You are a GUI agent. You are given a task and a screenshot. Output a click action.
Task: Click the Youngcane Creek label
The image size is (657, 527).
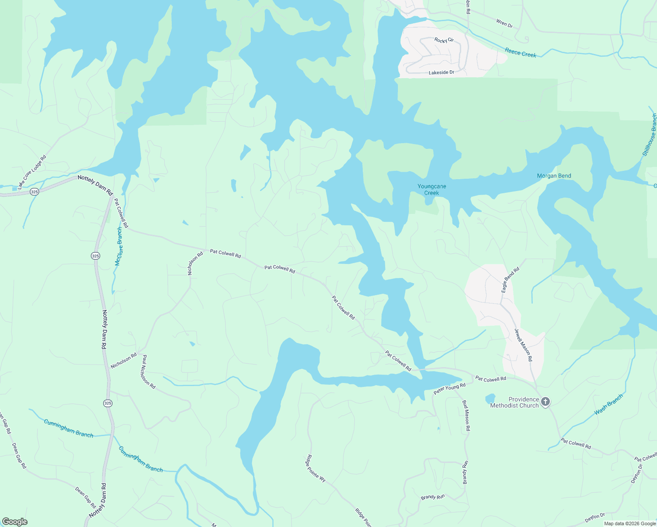tap(431, 190)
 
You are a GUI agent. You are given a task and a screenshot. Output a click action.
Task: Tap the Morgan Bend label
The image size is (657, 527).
tap(554, 176)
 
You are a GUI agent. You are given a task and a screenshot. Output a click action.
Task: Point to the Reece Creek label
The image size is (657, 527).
tap(520, 53)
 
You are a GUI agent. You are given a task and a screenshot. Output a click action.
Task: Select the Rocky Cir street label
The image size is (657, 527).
tap(444, 40)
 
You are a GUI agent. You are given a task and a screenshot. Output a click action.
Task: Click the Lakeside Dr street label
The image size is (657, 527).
tap(441, 72)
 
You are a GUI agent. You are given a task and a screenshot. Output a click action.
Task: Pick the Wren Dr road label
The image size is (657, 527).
tap(504, 23)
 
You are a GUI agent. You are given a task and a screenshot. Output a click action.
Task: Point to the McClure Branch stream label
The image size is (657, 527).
tap(119, 246)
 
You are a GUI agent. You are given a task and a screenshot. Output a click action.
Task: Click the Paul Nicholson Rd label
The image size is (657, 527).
tap(148, 372)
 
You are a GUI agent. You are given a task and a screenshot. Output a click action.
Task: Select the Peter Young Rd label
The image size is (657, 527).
tap(449, 389)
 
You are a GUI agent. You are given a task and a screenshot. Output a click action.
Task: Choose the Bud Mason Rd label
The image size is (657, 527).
tap(466, 415)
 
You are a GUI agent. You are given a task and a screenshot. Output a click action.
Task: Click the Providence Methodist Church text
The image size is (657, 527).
tap(514, 402)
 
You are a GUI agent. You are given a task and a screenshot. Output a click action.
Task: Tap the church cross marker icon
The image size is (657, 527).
tap(545, 401)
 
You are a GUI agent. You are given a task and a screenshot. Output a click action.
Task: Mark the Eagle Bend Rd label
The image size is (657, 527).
tap(510, 280)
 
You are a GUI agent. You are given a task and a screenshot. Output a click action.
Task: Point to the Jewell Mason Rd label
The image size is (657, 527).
tap(523, 345)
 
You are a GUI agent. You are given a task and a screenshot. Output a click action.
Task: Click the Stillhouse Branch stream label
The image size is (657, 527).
tap(650, 134)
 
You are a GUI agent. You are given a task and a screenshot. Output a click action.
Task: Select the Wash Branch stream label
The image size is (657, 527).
tap(608, 404)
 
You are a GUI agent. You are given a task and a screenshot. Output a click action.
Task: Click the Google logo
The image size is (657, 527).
tap(14, 521)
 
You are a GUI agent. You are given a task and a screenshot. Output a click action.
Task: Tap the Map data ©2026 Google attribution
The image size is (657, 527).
tap(629, 523)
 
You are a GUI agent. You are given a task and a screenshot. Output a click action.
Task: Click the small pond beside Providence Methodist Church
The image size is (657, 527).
tap(490, 399)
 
